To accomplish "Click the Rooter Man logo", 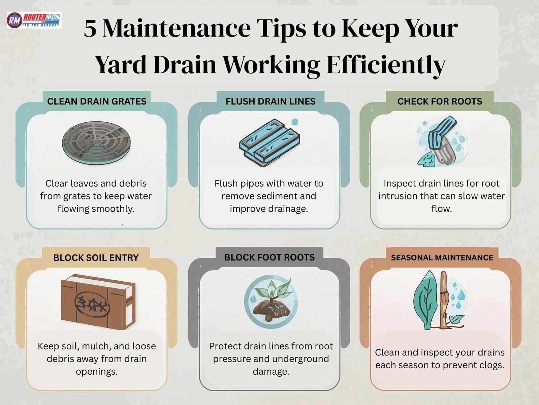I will click(x=34, y=20).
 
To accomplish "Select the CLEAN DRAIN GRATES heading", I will click(x=97, y=101).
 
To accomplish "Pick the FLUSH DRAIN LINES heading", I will click(x=271, y=101).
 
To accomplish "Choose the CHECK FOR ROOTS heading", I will click(x=440, y=101).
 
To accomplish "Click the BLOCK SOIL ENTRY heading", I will click(x=96, y=258).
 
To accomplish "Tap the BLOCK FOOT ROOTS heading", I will click(x=269, y=257).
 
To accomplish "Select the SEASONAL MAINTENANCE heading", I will click(x=442, y=257).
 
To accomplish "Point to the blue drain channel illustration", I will click(x=269, y=143).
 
